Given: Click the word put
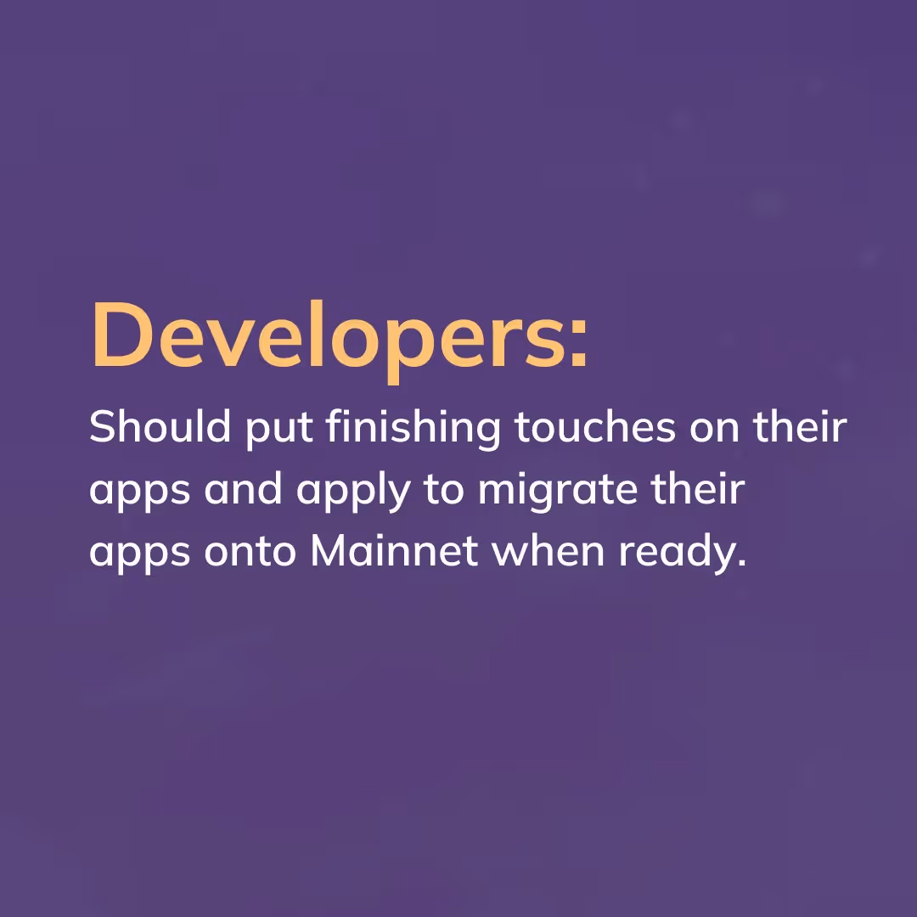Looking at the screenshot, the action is click(278, 430).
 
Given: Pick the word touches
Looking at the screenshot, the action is click(594, 427).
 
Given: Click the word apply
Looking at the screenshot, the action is click(354, 492).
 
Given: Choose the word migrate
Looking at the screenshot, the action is click(557, 492).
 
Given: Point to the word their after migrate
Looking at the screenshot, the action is click(698, 487).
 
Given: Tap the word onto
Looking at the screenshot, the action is click(250, 552).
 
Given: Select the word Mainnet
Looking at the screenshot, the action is click(394, 549).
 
